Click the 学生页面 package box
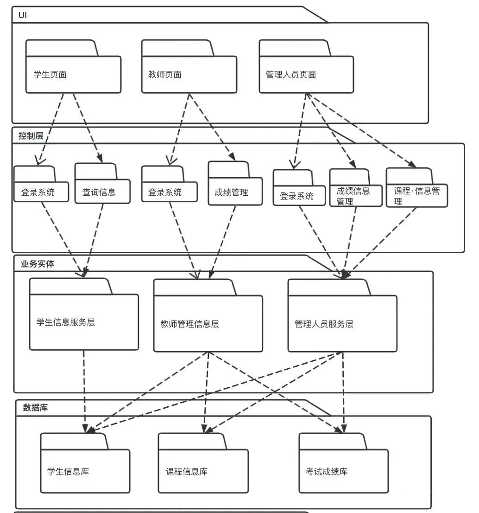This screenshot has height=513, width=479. point(73,74)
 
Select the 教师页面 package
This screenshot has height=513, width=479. point(189,74)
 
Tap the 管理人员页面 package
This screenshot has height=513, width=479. point(306,74)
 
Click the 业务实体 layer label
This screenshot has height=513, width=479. point(38,264)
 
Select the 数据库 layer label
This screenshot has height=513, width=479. point(35,408)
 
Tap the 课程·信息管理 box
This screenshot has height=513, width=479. point(416,195)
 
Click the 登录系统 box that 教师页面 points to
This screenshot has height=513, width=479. point(169,192)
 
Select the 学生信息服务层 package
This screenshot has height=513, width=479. point(84,322)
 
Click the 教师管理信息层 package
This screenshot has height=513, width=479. point(208,324)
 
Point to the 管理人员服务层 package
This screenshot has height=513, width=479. point(342,324)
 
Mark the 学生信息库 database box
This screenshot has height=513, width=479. point(85,471)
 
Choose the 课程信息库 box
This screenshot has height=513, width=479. point(203,471)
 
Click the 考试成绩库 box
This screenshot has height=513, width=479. point(343,471)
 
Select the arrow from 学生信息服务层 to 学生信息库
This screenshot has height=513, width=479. point(84,390)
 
